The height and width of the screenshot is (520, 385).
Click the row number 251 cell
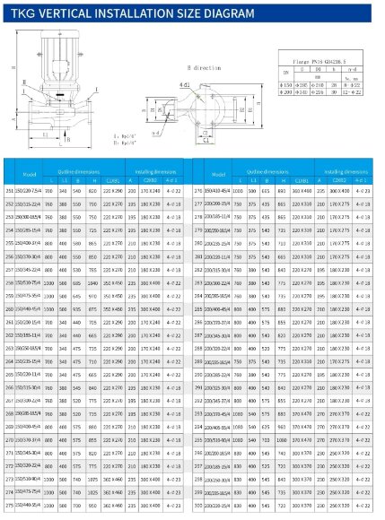click(x=11, y=190)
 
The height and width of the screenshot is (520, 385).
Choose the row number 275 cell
click(x=11, y=507)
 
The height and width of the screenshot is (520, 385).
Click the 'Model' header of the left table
click(x=30, y=173)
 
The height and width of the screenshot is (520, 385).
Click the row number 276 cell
click(x=198, y=190)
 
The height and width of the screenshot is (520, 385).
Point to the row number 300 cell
click(x=198, y=507)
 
